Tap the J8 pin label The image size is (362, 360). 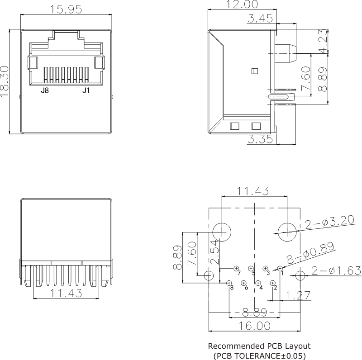[x=45, y=90]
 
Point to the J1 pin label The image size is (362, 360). [x=86, y=90]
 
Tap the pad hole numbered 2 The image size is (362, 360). [x=272, y=283]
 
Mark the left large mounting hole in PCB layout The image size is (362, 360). [x=222, y=231]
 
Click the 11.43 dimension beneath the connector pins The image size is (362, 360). [x=66, y=293]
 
